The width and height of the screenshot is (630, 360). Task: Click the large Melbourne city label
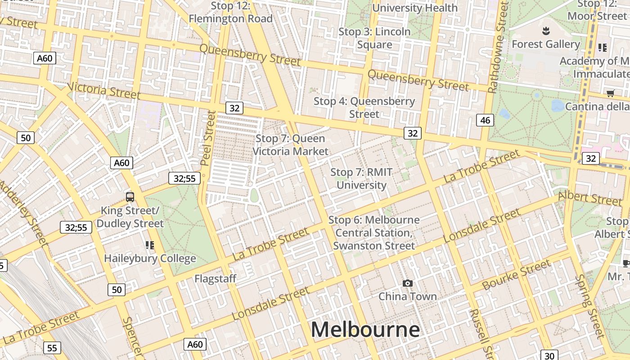point(365,329)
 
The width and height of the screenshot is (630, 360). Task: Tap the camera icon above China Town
point(408,283)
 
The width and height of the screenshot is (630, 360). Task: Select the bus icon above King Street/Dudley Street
point(130,197)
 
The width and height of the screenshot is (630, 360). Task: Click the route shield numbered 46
point(485,120)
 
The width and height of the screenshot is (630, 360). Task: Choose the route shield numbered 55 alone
point(52,348)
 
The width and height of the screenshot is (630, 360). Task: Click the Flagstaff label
point(215,279)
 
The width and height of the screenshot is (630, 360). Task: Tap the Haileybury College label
point(150,258)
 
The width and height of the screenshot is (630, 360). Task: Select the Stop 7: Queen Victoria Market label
point(290,145)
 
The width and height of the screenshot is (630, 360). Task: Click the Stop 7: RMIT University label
point(361,179)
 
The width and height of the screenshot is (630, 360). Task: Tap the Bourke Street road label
point(516,275)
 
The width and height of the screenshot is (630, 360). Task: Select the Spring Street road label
point(590,306)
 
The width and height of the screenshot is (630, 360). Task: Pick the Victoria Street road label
point(103,90)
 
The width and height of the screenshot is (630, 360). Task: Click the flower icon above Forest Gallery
point(546,31)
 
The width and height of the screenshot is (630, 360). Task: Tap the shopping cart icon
point(610,93)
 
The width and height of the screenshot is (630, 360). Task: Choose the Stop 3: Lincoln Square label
point(374,38)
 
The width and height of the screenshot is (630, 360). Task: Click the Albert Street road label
point(589,198)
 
